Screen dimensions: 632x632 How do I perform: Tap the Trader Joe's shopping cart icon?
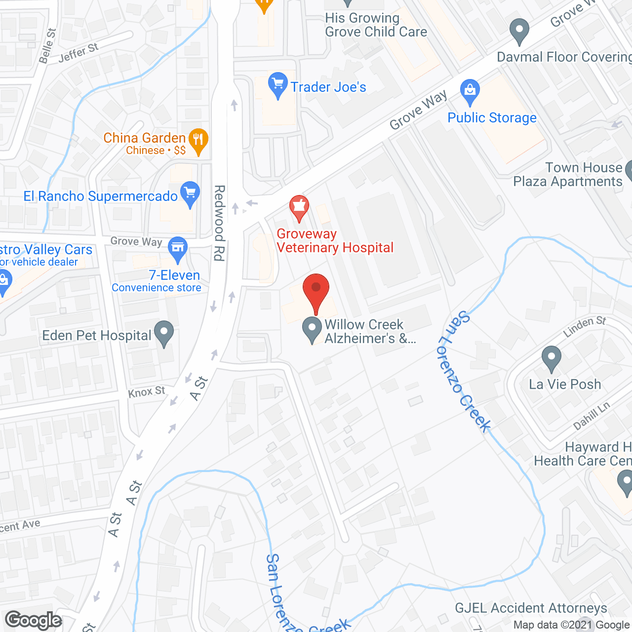click(x=278, y=84)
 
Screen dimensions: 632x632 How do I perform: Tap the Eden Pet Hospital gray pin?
click(x=164, y=333)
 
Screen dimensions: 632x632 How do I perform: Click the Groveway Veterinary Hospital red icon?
click(x=299, y=207)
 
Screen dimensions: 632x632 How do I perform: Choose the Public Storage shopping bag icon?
click(x=470, y=91)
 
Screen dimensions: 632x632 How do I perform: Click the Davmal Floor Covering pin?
click(x=519, y=31)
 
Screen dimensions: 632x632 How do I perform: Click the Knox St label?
click(x=147, y=392)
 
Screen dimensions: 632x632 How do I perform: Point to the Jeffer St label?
click(x=79, y=53)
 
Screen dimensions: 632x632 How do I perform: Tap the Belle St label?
click(x=47, y=46)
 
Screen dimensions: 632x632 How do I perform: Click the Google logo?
click(x=34, y=620)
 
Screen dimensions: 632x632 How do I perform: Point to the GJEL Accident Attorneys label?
click(x=531, y=608)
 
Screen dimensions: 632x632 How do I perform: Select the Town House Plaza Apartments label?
click(x=568, y=175)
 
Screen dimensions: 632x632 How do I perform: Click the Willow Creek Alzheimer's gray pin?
click(x=312, y=330)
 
